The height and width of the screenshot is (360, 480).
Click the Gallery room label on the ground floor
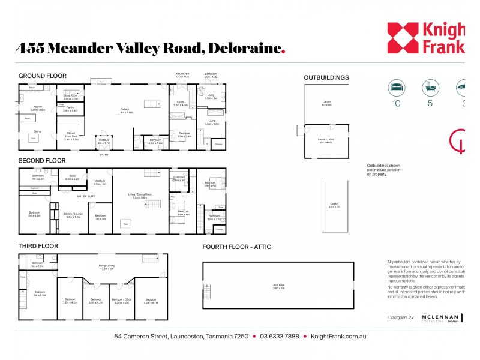125,109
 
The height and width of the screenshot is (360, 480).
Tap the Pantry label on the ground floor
70,109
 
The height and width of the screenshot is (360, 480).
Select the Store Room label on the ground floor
70,96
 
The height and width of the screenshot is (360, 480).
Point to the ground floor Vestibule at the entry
104,141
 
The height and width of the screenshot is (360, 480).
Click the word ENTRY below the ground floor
104,154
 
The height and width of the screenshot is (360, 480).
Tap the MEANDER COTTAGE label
182,76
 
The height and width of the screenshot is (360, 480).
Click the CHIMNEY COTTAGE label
211,76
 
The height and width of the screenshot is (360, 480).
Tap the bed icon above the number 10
397,87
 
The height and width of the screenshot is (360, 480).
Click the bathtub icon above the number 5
429,87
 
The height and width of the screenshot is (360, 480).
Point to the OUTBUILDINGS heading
326,77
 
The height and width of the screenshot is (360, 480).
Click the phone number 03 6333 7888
279,337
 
